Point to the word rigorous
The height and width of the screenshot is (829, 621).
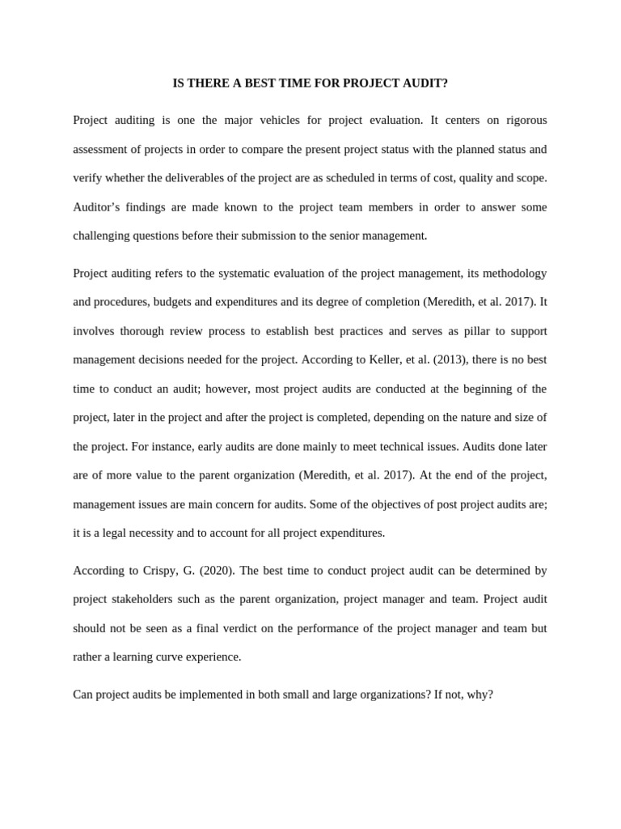point(526,120)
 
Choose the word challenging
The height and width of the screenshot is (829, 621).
point(104,236)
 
